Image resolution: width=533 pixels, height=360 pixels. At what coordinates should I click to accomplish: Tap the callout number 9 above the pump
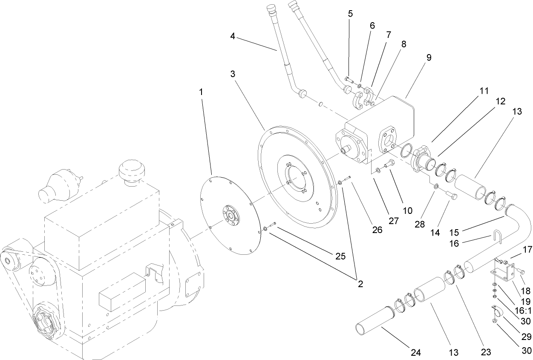point(429,58)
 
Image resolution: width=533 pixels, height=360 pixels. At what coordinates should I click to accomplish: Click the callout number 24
point(416,352)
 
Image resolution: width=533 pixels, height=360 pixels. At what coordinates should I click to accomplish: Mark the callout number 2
point(360,284)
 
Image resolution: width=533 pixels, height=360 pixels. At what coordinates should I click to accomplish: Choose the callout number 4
point(233,36)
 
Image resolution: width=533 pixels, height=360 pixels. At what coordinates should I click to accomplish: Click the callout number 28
point(420,224)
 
